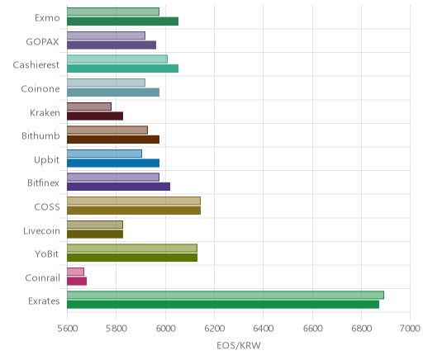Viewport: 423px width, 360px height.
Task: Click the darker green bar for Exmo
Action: [122, 21]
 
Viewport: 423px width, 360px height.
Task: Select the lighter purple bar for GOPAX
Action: [106, 36]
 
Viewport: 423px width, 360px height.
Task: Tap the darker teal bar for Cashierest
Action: [122, 69]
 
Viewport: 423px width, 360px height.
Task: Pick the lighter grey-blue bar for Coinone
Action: [106, 83]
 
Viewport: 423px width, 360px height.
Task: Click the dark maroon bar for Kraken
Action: [95, 116]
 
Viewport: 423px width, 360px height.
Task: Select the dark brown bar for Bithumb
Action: [113, 140]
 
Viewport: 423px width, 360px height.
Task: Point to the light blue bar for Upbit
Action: [104, 154]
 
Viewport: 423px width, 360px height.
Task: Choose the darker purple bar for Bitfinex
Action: [118, 187]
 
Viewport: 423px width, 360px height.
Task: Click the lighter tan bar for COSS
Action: [134, 201]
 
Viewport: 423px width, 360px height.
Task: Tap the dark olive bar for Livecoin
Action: [95, 234]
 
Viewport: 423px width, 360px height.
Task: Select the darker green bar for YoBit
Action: [132, 258]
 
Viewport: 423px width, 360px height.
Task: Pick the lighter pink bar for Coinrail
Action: [75, 272]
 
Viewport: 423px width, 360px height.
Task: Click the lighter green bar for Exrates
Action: [226, 295]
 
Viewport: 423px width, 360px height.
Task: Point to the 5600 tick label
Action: [68, 329]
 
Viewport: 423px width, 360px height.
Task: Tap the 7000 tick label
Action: [410, 329]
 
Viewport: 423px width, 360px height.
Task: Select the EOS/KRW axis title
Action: [239, 346]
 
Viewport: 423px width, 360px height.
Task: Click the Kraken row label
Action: [45, 113]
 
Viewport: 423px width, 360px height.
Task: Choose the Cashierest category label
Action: [36, 65]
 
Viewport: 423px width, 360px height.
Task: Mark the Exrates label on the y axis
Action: [44, 301]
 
